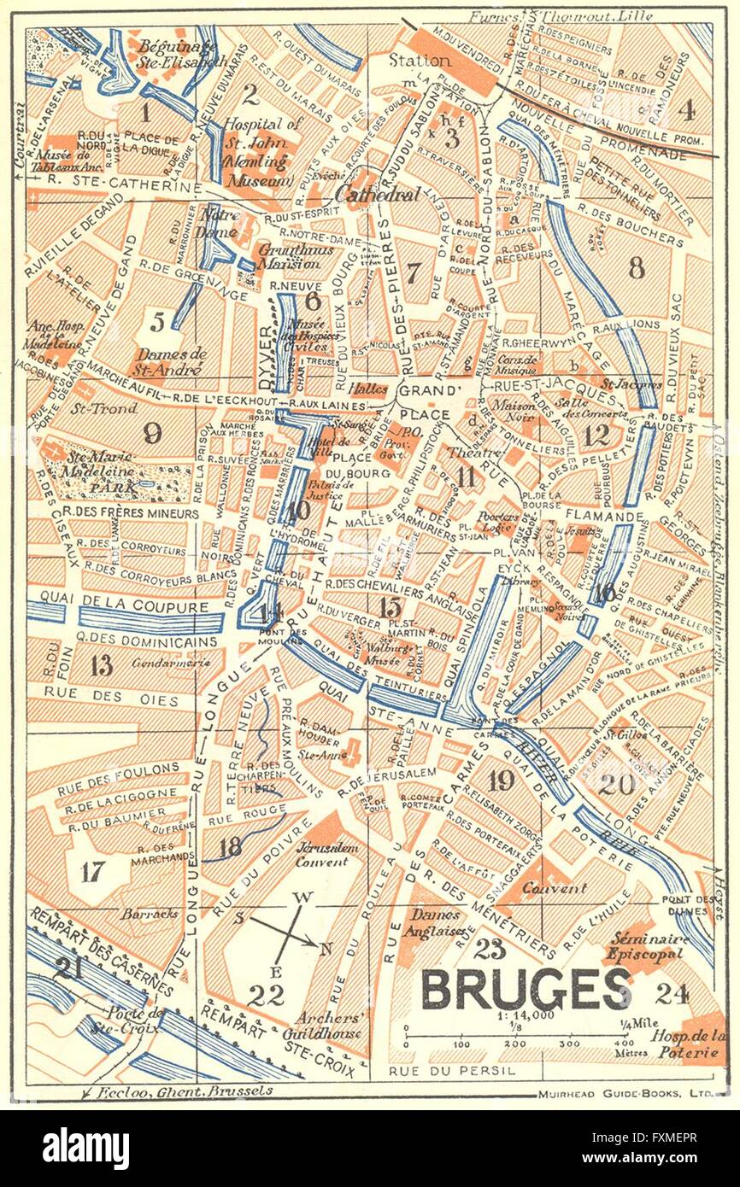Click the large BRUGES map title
526,990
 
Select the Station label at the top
420,61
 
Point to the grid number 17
94,871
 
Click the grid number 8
636,268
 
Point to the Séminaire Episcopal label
645,946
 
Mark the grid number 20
616,784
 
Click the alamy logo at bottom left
85,1145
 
